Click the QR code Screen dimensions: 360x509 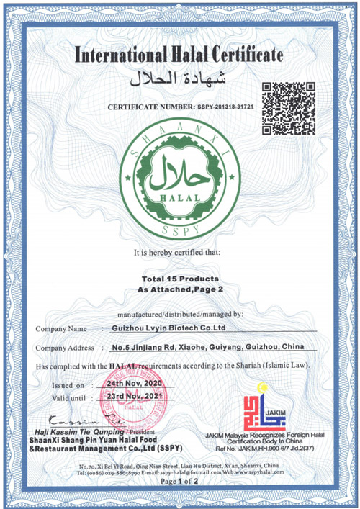288,109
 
